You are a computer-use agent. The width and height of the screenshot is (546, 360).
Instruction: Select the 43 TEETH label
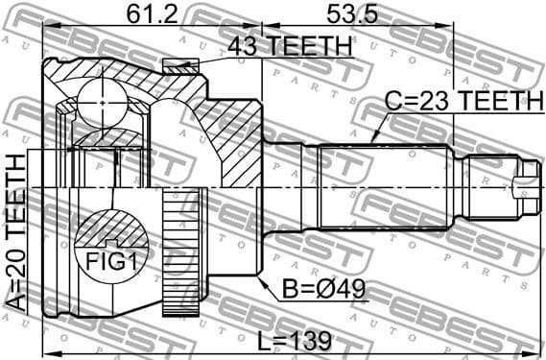click(288, 45)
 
